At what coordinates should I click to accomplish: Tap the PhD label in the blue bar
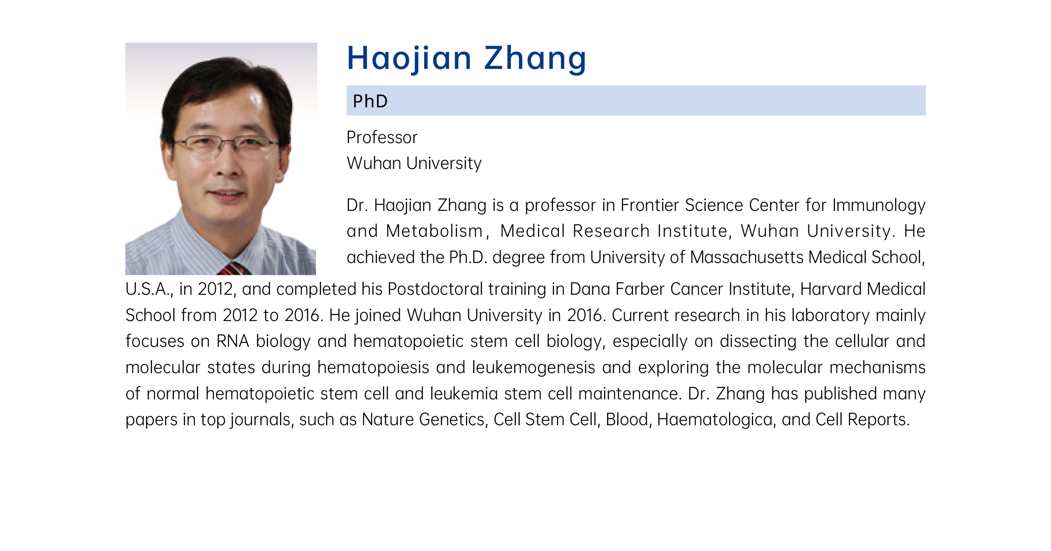pyautogui.click(x=370, y=101)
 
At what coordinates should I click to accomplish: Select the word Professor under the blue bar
pyautogui.click(x=382, y=137)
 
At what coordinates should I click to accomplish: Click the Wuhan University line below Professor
pyautogui.click(x=414, y=163)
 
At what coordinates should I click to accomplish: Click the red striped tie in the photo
pyautogui.click(x=233, y=269)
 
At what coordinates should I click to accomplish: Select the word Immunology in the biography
pyautogui.click(x=879, y=206)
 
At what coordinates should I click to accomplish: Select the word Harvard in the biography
pyautogui.click(x=831, y=289)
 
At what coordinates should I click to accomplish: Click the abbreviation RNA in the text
pyautogui.click(x=233, y=341)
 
